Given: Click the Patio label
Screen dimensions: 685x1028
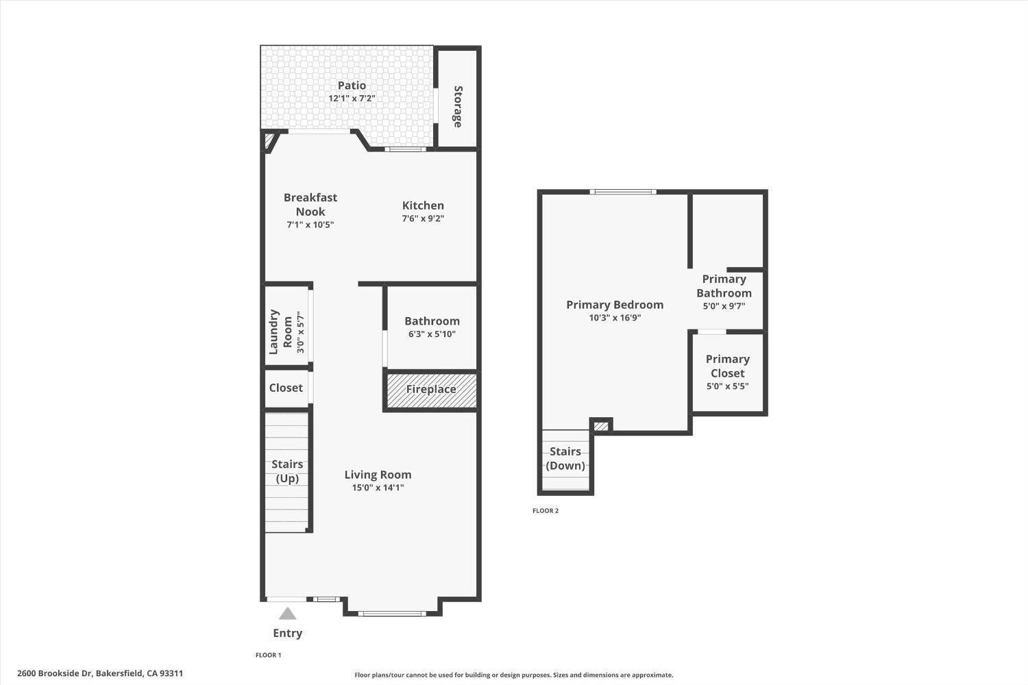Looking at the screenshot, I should click(352, 86).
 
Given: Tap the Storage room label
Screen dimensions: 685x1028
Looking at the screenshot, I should click(458, 106).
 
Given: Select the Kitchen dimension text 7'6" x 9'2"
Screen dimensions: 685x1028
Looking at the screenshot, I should click(423, 219).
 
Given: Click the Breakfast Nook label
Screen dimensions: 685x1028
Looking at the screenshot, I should click(310, 204).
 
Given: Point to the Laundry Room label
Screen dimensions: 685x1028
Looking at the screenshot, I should click(280, 332).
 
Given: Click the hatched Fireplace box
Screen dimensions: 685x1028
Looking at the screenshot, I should click(431, 390).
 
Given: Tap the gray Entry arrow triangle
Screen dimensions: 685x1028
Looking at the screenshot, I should click(287, 614).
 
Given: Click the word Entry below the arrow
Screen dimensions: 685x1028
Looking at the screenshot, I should click(287, 633).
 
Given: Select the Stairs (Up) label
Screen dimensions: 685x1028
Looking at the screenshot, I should click(287, 471).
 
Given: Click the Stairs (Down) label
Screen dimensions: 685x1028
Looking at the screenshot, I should click(565, 458).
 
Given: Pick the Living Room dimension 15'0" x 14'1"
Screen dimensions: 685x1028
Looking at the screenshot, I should click(378, 488).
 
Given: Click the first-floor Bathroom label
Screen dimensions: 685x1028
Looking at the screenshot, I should click(432, 321).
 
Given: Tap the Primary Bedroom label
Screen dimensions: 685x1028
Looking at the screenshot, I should click(615, 305).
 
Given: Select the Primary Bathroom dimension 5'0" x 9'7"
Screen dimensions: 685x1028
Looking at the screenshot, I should click(724, 306).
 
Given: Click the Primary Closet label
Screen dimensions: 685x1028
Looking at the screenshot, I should click(727, 366).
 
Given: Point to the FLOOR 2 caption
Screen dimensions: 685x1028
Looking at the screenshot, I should click(546, 510).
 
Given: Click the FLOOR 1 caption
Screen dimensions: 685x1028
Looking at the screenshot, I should click(269, 655).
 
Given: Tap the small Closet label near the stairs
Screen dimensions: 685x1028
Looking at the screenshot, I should click(286, 388).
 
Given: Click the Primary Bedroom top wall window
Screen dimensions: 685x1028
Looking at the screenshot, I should click(624, 192).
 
